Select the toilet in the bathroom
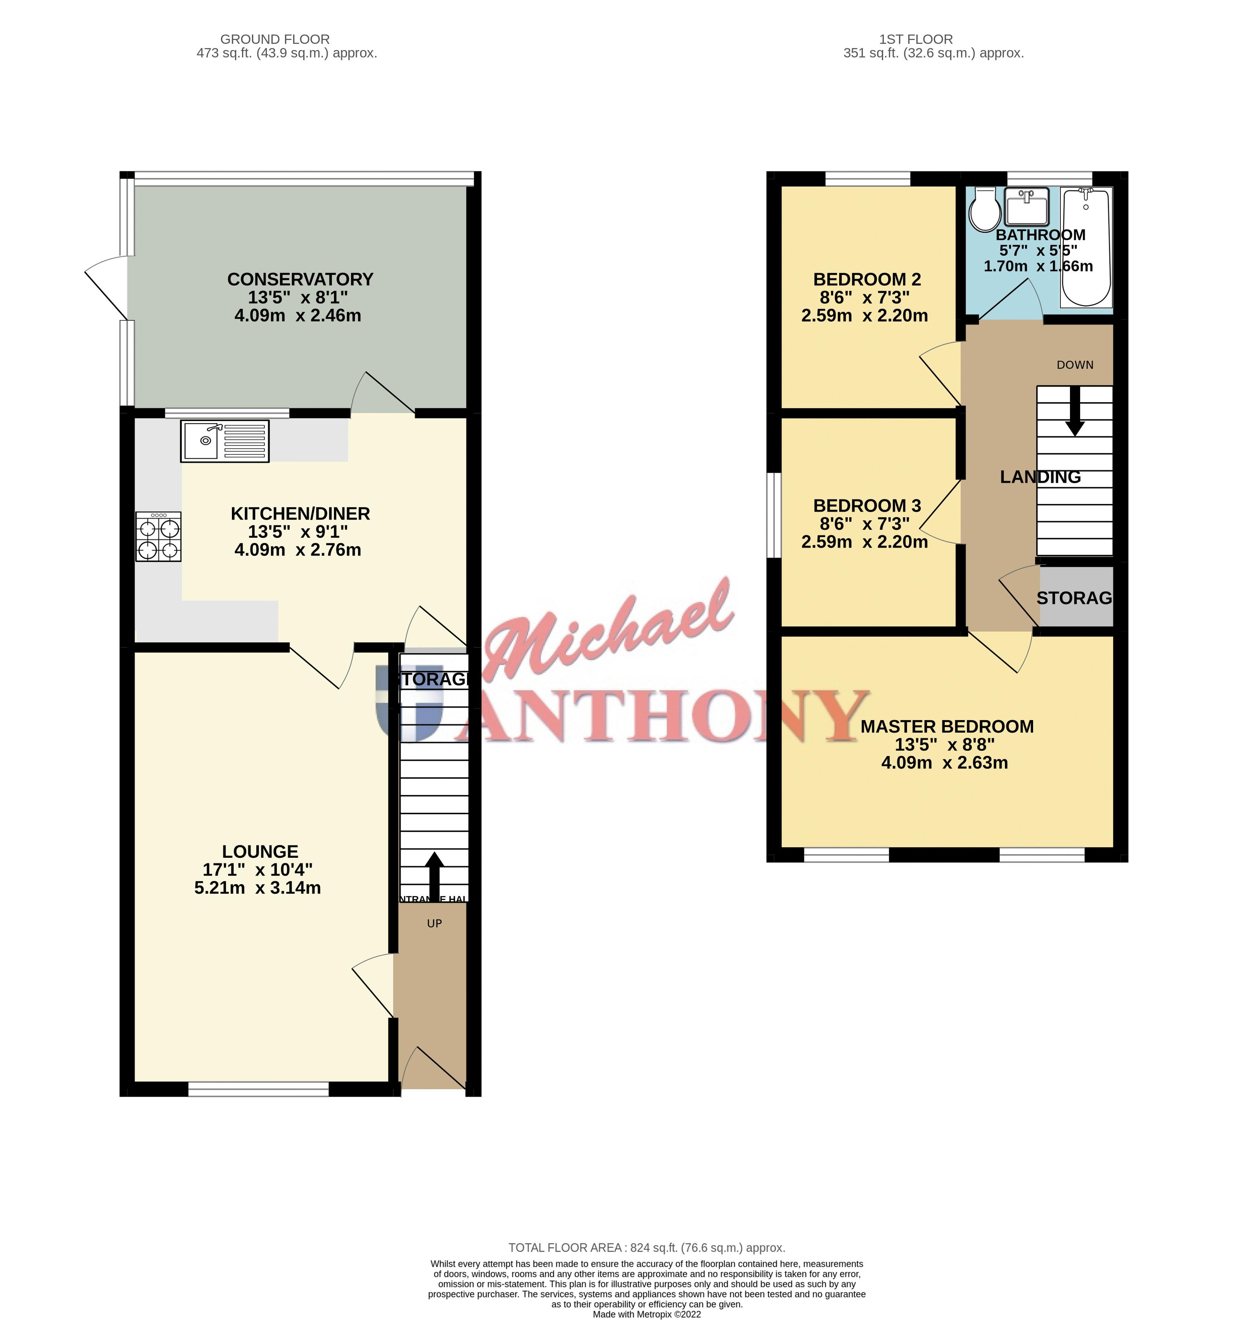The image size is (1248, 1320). click(x=985, y=209)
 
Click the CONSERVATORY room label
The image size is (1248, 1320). click(x=300, y=280)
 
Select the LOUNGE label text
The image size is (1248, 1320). click(x=259, y=852)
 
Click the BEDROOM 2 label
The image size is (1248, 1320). click(x=867, y=280)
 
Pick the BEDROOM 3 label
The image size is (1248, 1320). click(x=867, y=506)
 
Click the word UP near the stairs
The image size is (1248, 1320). click(x=434, y=923)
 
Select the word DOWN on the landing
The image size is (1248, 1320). click(x=1075, y=365)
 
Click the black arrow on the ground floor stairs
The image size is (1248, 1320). click(x=434, y=874)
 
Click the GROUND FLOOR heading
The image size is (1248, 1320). click(x=275, y=39)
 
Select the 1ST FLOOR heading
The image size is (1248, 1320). click(x=916, y=39)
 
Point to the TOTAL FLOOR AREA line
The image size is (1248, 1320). click(x=646, y=1248)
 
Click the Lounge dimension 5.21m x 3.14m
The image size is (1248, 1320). click(x=258, y=888)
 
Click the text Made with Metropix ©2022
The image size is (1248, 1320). click(x=646, y=1315)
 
